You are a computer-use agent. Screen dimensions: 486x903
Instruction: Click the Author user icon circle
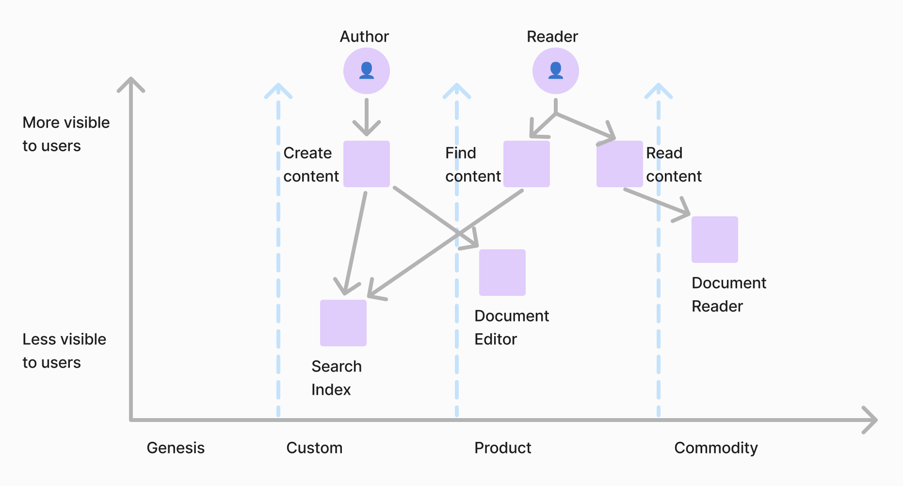tap(367, 71)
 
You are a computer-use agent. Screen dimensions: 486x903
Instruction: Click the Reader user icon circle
tap(555, 71)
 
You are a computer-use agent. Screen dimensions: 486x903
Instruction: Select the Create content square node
tap(367, 164)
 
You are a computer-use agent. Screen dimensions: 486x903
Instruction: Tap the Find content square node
tap(527, 164)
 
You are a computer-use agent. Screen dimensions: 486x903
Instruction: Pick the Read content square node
tap(619, 164)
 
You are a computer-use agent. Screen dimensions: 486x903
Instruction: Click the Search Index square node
tap(343, 323)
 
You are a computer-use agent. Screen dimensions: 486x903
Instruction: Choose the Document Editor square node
tap(502, 273)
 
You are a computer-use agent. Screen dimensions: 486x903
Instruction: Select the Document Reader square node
tap(715, 240)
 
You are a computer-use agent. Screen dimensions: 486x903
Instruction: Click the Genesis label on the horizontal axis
tap(176, 448)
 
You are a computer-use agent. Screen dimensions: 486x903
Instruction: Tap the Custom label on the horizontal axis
tap(314, 448)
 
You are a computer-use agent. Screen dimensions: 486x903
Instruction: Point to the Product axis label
tap(502, 448)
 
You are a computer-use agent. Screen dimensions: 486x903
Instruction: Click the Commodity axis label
tap(716, 448)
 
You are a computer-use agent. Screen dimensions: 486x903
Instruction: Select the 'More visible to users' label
tap(66, 134)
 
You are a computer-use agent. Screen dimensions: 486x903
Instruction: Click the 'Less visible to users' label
tap(64, 351)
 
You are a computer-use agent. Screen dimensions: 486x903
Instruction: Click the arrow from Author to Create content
tap(367, 116)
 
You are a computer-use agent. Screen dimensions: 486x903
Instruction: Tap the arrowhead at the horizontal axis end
tap(871, 420)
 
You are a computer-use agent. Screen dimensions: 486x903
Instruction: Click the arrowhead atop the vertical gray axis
tap(131, 83)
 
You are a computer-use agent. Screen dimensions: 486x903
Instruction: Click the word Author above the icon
tap(364, 36)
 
